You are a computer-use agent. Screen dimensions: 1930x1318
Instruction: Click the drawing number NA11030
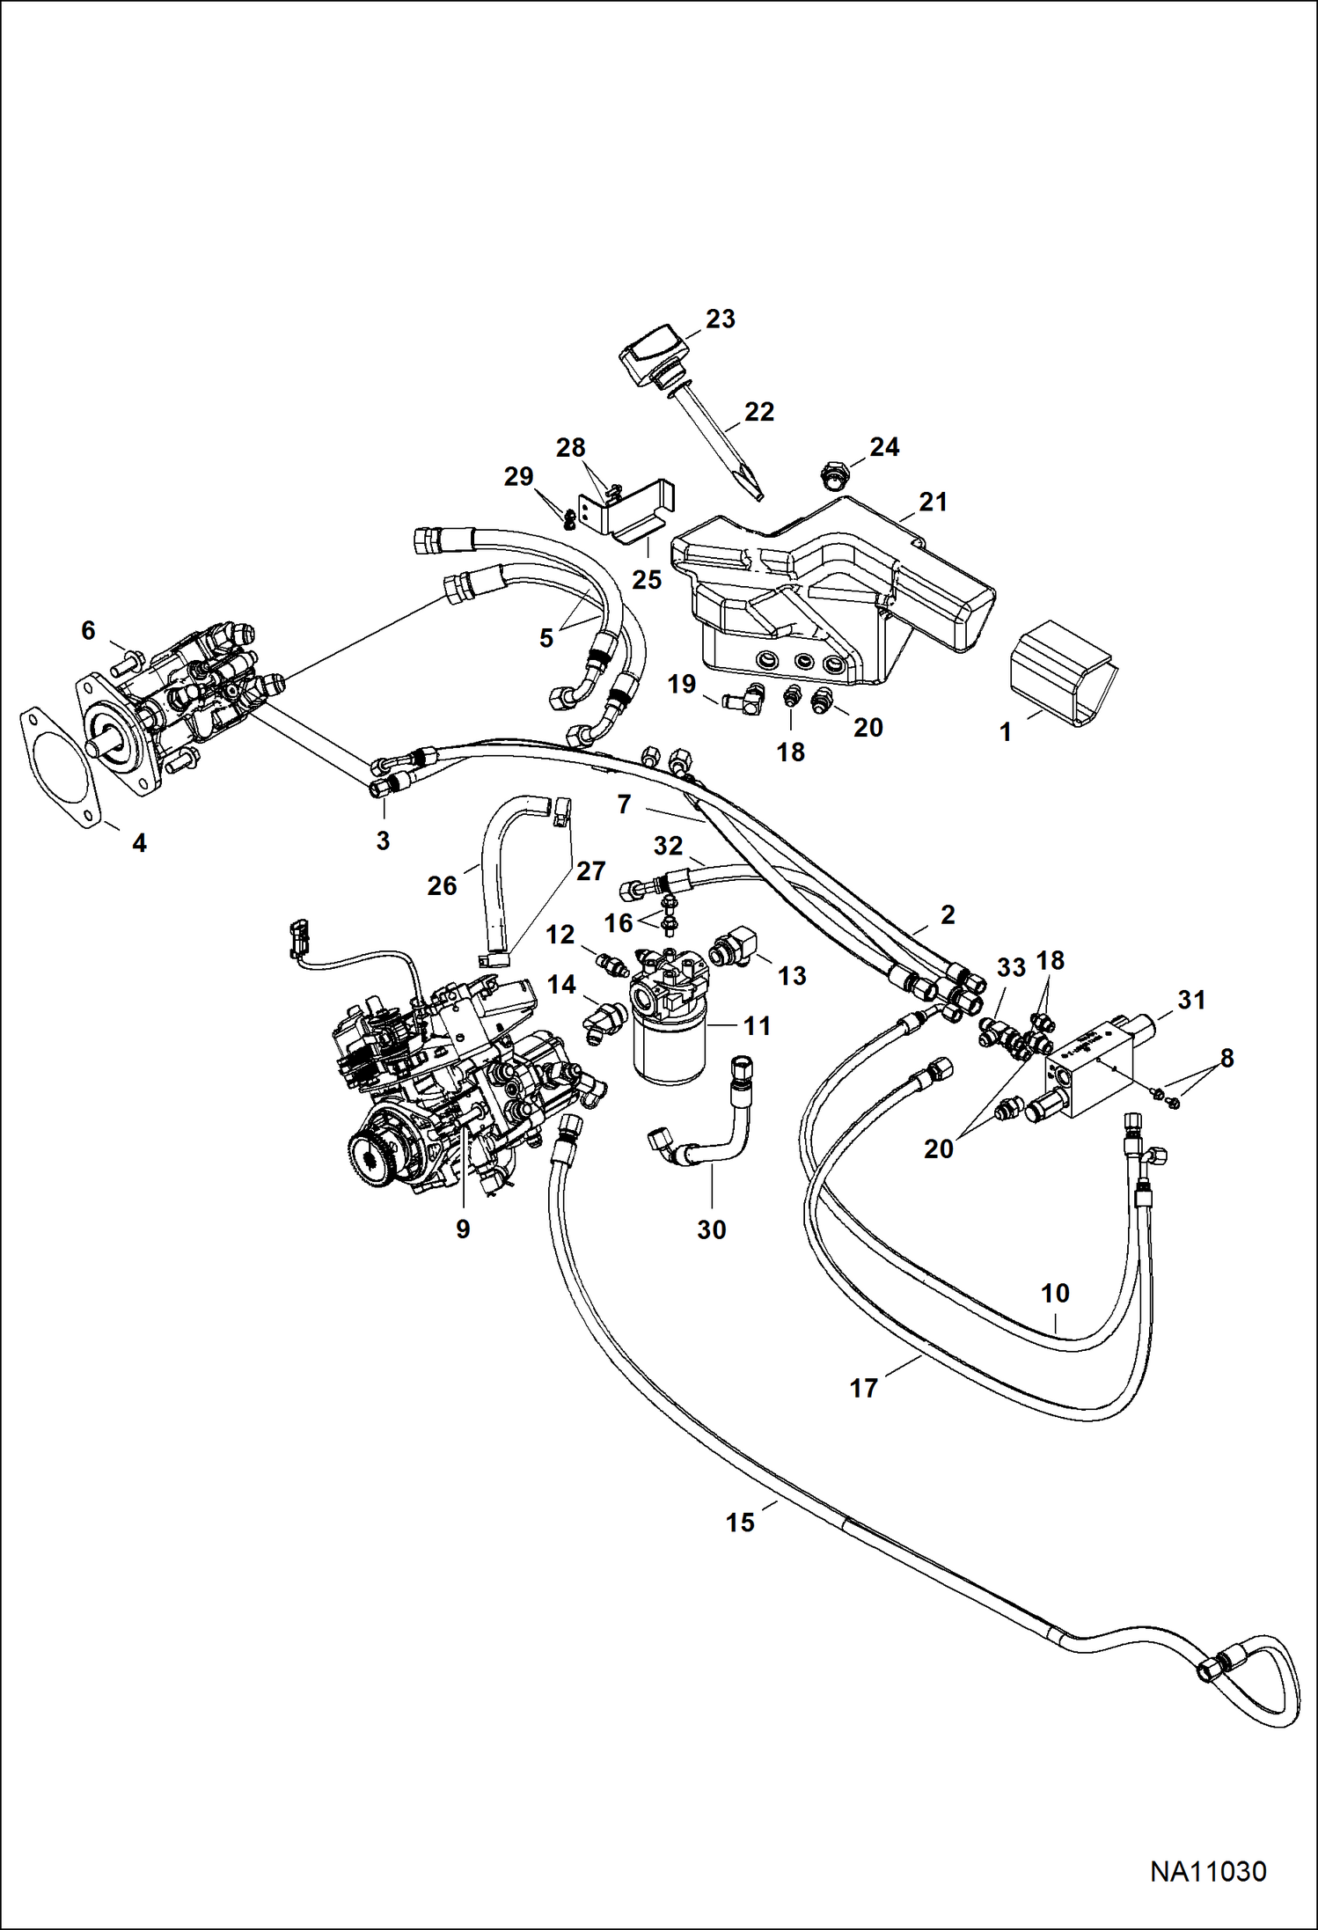(x=1208, y=1870)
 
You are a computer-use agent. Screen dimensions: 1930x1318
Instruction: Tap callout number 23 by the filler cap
(x=720, y=319)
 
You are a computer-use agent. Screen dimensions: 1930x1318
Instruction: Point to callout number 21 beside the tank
(x=933, y=502)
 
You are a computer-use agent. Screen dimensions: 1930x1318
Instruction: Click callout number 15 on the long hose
(x=740, y=1522)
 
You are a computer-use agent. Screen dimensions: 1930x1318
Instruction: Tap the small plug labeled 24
(x=831, y=475)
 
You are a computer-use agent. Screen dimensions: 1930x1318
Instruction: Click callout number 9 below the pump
(x=463, y=1229)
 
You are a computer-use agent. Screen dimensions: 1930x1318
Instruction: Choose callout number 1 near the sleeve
(x=1006, y=731)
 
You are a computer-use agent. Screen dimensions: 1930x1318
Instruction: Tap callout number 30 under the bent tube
(x=711, y=1229)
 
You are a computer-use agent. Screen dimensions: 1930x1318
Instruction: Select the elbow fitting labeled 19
(x=747, y=700)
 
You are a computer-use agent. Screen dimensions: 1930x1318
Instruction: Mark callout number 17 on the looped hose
(x=863, y=1388)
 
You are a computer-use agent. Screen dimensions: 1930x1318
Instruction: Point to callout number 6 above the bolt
(x=88, y=630)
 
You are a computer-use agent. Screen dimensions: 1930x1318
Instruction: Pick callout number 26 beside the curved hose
(x=442, y=884)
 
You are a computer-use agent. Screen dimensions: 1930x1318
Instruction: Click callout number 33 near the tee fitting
(x=1011, y=967)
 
